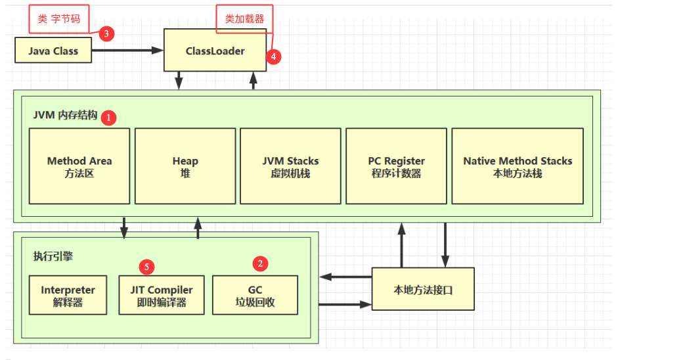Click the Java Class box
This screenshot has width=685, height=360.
point(53,51)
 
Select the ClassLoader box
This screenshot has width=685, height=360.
point(215,51)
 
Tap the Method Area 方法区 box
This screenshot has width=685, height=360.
point(79,166)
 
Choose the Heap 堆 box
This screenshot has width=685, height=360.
point(185,166)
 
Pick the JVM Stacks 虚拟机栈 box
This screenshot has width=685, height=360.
point(290,166)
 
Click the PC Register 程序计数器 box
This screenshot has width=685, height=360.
point(396,166)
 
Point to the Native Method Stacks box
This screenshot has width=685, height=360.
point(518,166)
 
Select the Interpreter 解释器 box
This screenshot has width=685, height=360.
point(68,295)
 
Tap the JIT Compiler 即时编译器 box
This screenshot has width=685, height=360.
point(162,295)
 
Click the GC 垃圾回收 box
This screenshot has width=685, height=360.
point(255,295)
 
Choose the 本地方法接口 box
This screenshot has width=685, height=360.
point(423,289)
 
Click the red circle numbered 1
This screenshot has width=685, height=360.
point(109,118)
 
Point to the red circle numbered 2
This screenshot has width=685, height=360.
point(261,264)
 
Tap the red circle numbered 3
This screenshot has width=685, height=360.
point(107,34)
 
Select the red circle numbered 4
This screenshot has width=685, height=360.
point(275,56)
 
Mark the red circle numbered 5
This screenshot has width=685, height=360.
point(146,267)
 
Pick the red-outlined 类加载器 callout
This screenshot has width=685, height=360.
point(244,19)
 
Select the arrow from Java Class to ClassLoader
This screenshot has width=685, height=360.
point(127,51)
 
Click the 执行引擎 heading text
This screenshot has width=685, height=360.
point(53,256)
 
